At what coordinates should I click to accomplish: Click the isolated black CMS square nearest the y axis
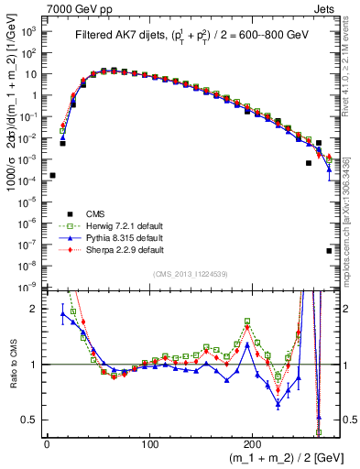pyautogui.click(x=52, y=175)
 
